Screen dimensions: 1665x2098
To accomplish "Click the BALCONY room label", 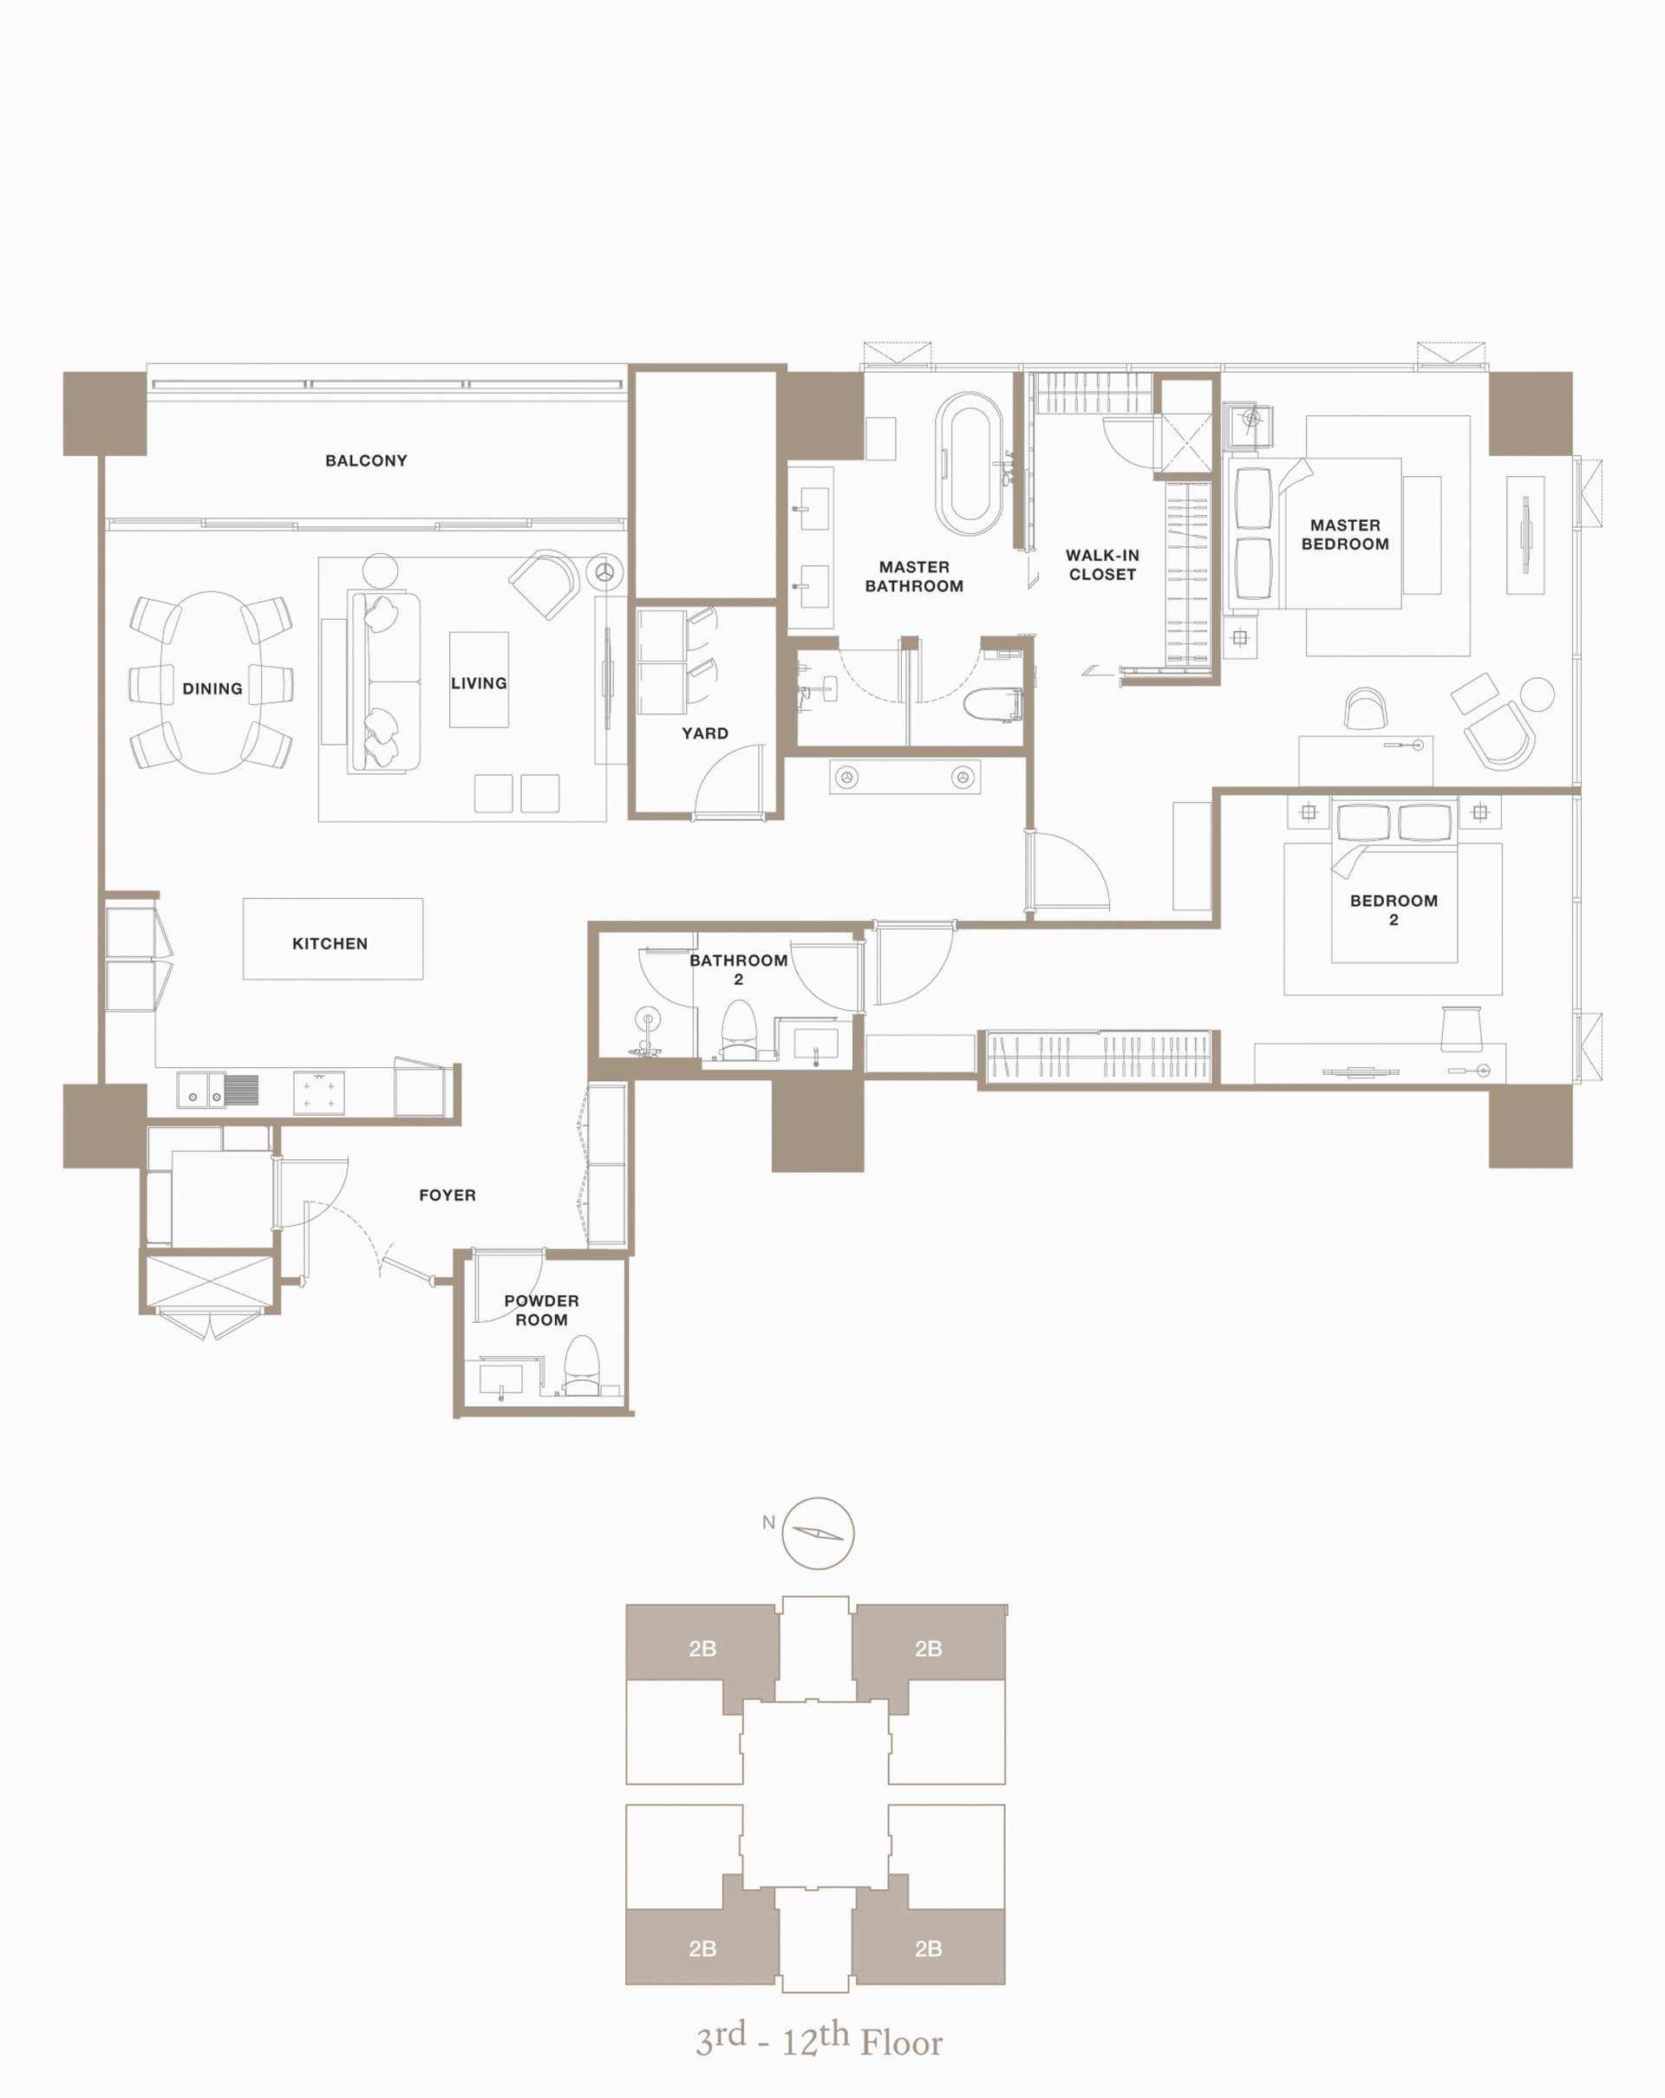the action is [x=366, y=460].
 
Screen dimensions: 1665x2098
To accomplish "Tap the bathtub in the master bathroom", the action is [x=969, y=464].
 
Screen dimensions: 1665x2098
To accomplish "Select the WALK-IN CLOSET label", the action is [x=1102, y=564].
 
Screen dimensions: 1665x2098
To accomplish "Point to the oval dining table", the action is [x=212, y=682].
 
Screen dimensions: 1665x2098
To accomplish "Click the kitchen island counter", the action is [x=333, y=938].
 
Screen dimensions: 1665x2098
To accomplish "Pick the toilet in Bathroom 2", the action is [x=738, y=1031].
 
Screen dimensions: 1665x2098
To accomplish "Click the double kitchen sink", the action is [x=218, y=1091].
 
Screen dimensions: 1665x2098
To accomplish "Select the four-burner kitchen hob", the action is [x=318, y=1091].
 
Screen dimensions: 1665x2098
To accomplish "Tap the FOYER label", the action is [x=447, y=1195].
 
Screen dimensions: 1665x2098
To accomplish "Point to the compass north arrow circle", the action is [x=819, y=1533].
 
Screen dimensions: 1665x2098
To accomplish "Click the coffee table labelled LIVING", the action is [x=479, y=679].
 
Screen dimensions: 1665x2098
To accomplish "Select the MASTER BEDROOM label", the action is [x=1345, y=534].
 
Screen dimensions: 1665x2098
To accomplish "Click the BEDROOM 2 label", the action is [x=1394, y=909].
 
